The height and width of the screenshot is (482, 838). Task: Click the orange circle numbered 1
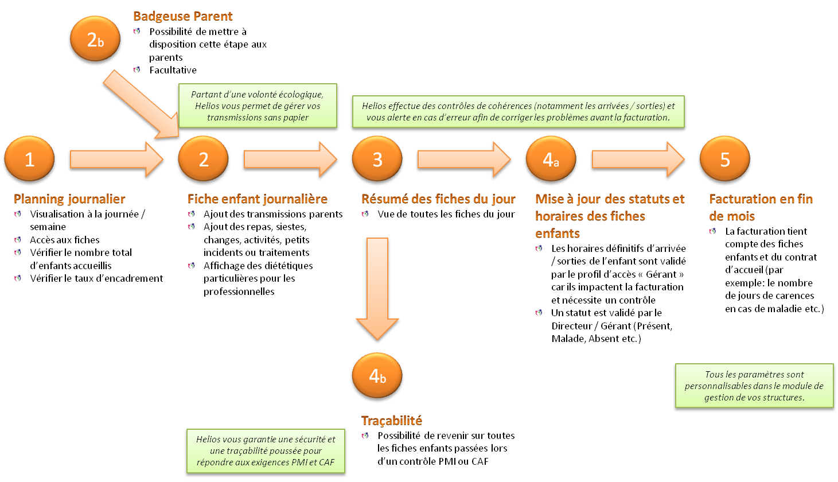(x=29, y=159)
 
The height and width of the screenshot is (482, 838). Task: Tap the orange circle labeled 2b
(x=95, y=39)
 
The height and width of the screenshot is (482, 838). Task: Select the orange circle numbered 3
(x=377, y=159)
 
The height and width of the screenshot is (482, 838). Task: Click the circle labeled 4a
(x=551, y=159)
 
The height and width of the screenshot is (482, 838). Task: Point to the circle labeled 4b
(x=377, y=376)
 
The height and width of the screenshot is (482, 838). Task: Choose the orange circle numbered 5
(x=724, y=159)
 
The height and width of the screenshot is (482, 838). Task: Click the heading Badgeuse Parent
(x=183, y=16)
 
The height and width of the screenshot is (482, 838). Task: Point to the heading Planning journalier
(x=69, y=199)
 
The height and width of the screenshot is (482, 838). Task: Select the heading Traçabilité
(x=392, y=421)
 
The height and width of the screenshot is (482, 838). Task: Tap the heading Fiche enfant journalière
(x=258, y=199)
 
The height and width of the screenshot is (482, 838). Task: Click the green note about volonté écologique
(x=258, y=106)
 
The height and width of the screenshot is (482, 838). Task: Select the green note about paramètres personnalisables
(x=754, y=386)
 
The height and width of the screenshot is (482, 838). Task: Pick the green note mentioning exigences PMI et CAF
(x=266, y=451)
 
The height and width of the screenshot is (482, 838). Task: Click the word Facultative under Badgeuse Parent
(x=173, y=70)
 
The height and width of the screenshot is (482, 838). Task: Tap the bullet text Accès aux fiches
(x=65, y=240)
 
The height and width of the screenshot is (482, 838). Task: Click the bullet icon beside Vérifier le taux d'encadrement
(x=18, y=278)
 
